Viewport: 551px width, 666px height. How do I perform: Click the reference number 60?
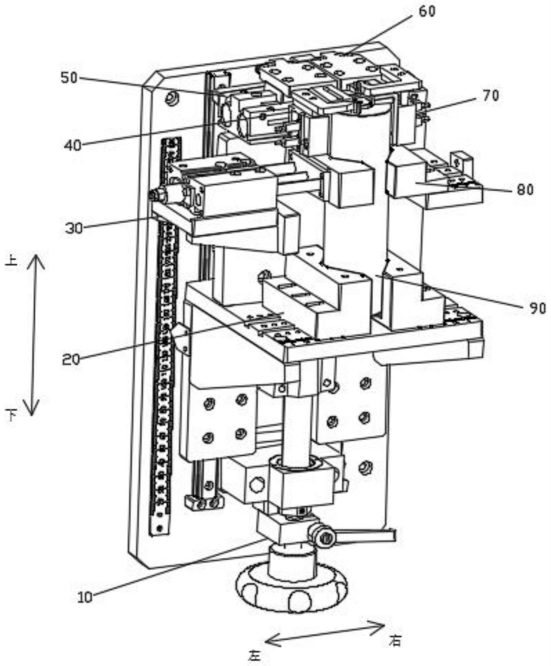tap(427, 12)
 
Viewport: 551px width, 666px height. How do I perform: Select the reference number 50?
tap(69, 78)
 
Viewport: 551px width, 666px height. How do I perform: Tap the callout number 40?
tap(73, 146)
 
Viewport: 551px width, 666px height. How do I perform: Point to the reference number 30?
tap(74, 228)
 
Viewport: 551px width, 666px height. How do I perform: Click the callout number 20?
tap(71, 360)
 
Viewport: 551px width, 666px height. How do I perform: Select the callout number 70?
tap(490, 96)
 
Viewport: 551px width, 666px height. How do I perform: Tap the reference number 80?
tap(525, 190)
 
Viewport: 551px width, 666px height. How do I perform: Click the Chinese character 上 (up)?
tap(12, 261)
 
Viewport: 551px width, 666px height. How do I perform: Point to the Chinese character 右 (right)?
tap(395, 641)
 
